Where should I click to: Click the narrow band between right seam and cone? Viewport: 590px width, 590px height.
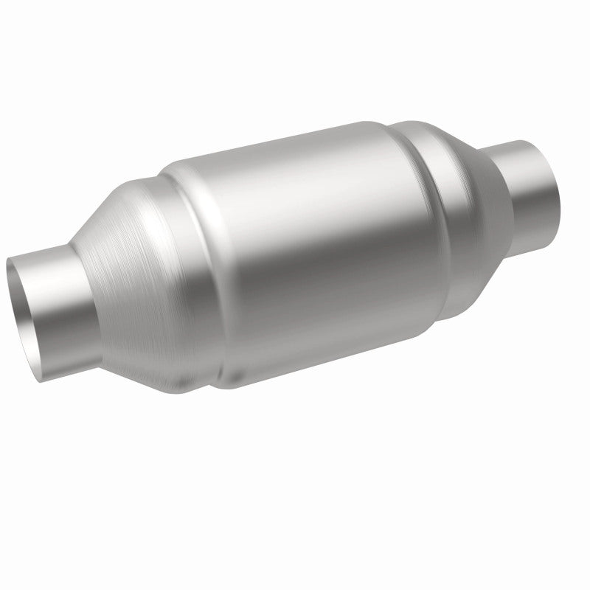(x=446, y=214)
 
